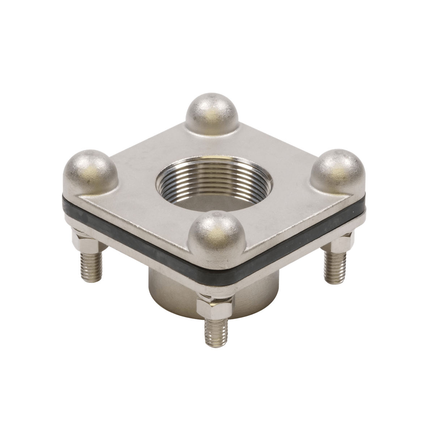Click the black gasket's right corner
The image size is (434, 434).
click(363, 208)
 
